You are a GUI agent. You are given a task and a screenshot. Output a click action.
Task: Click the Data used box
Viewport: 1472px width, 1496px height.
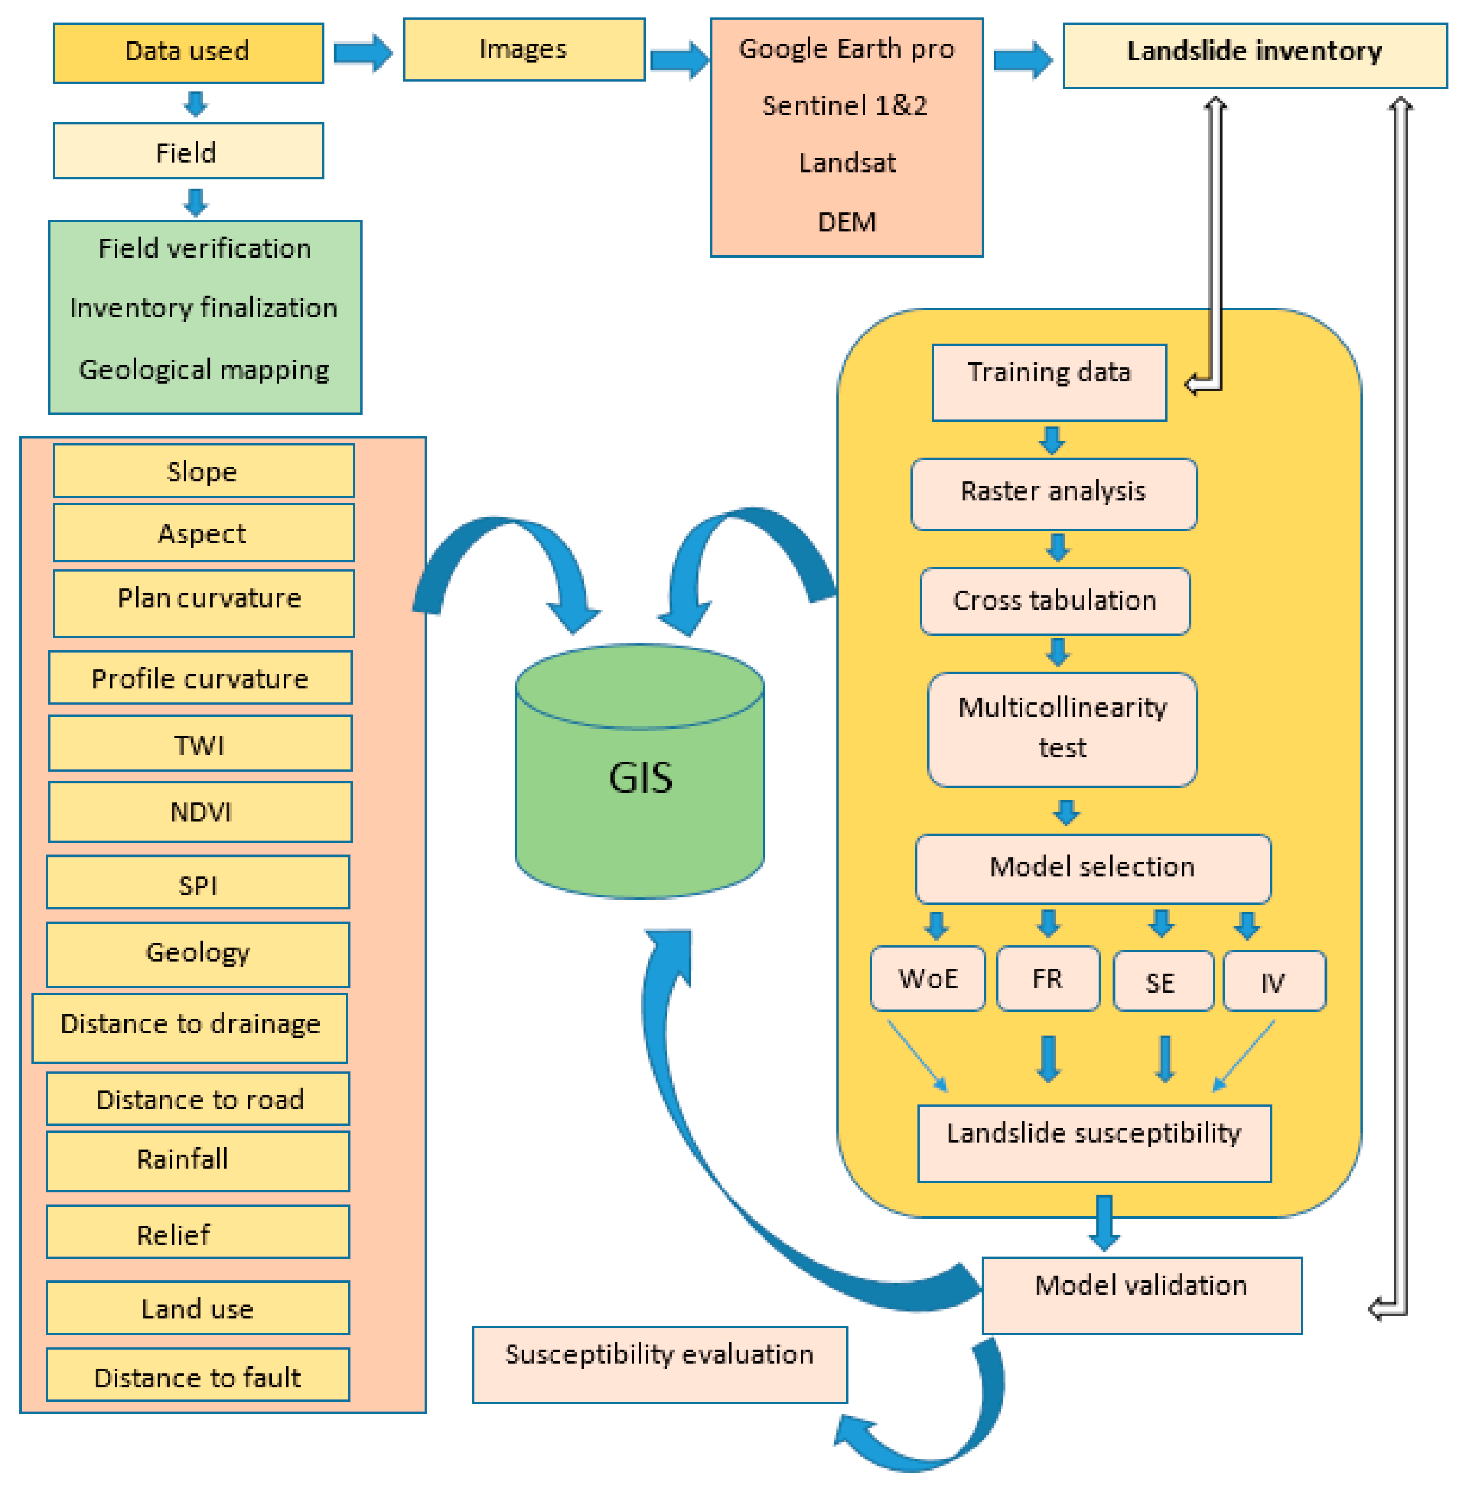188,53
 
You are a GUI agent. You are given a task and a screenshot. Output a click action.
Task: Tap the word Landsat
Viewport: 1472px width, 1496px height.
847,163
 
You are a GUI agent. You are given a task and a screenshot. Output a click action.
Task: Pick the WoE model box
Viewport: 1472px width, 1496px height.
927,978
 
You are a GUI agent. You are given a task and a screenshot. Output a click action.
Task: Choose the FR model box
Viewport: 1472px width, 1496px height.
1047,978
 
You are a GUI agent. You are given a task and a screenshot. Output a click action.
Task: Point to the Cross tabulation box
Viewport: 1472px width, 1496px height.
1055,601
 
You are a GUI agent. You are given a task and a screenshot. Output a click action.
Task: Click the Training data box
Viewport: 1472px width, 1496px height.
1048,382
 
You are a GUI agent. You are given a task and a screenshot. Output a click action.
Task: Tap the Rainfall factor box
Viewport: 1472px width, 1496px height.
197,1161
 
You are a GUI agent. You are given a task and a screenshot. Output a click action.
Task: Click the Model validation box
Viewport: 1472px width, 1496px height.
1141,1295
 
